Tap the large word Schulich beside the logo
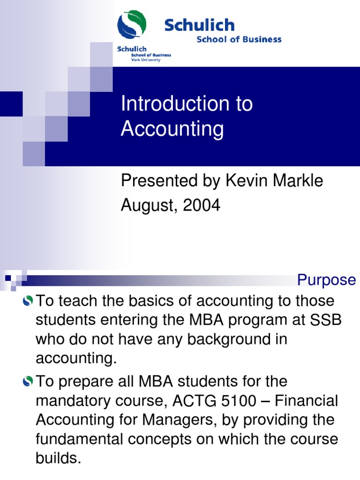click(x=199, y=25)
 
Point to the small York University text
click(x=145, y=60)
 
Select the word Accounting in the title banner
click(x=172, y=129)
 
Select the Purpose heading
click(x=327, y=280)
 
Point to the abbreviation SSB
click(x=326, y=320)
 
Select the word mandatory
click(x=73, y=401)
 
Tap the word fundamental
click(x=80, y=440)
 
